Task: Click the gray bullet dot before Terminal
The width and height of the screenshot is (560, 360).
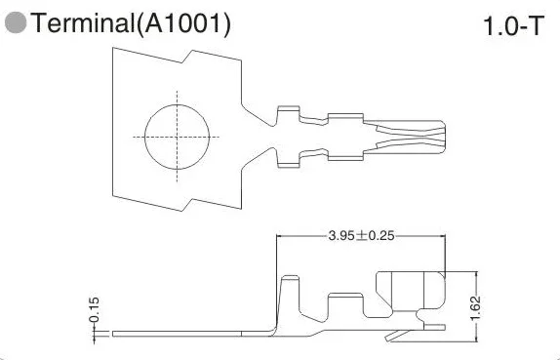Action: pyautogui.click(x=16, y=22)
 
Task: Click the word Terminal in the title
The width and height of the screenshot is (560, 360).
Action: pyautogui.click(x=83, y=22)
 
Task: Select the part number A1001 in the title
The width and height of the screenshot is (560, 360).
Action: pyautogui.click(x=183, y=23)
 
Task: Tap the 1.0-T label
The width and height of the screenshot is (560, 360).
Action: pyautogui.click(x=513, y=25)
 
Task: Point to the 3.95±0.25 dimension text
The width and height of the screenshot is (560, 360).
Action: pyautogui.click(x=361, y=236)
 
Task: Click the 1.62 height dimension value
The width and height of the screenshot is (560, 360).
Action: pyautogui.click(x=476, y=308)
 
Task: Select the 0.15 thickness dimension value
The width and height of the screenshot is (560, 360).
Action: pyautogui.click(x=95, y=309)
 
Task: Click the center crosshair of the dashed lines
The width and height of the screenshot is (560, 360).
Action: pyautogui.click(x=178, y=137)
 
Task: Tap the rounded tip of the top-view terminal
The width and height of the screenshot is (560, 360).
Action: pyautogui.click(x=445, y=138)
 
